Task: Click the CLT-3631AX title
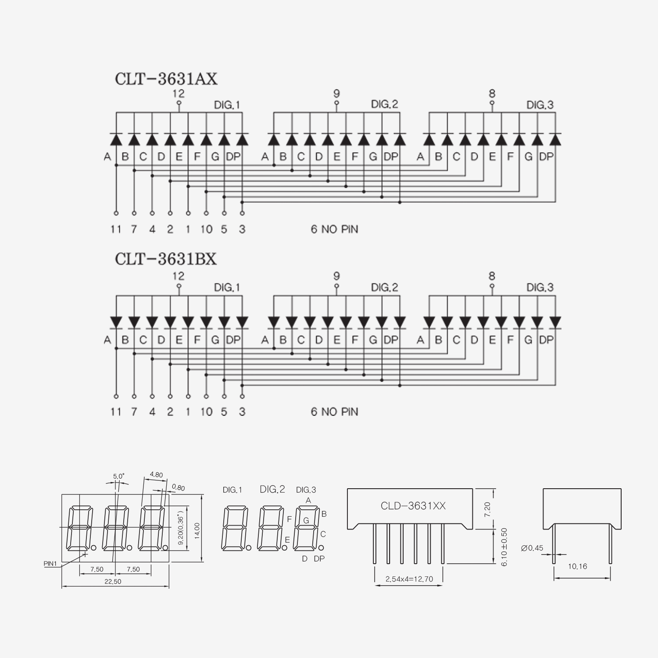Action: click(x=166, y=79)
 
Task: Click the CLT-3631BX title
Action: click(x=166, y=259)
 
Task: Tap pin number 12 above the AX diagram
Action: click(x=179, y=93)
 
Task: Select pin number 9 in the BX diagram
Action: click(x=336, y=276)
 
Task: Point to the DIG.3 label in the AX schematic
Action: click(x=540, y=105)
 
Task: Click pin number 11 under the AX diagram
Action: click(x=116, y=229)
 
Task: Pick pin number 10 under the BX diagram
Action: click(x=206, y=411)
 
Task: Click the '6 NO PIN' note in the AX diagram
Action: click(x=334, y=229)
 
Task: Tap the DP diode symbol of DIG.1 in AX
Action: click(x=242, y=139)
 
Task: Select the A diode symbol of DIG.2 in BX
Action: click(x=274, y=322)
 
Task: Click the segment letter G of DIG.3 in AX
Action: click(x=529, y=157)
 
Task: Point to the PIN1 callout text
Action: click(x=50, y=564)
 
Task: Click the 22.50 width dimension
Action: click(x=113, y=582)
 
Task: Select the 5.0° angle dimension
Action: click(x=118, y=476)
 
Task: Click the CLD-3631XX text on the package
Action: click(x=413, y=506)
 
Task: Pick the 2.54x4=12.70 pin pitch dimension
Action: click(x=409, y=579)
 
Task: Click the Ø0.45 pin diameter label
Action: click(x=532, y=548)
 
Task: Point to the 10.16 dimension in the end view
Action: click(x=577, y=566)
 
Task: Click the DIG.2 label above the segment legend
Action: click(x=272, y=489)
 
